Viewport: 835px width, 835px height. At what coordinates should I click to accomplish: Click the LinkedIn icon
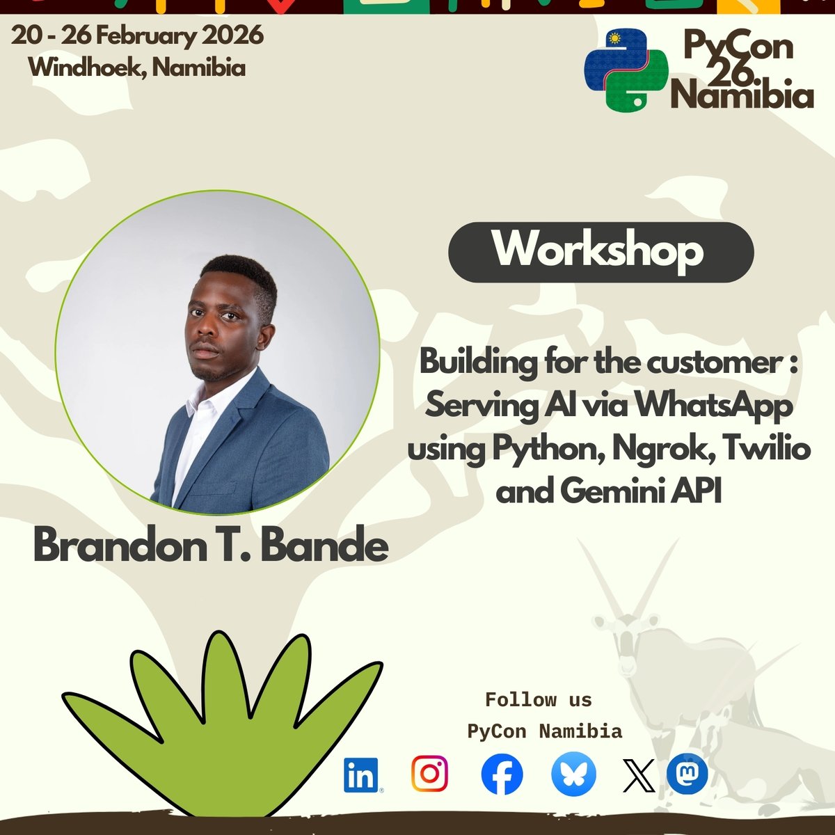coord(360,775)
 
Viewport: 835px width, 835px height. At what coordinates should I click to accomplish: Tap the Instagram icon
coord(429,774)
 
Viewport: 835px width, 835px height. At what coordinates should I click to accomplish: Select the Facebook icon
coord(502,774)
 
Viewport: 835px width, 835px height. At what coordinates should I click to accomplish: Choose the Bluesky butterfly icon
coord(573,774)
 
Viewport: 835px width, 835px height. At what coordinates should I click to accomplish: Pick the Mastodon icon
coord(687,774)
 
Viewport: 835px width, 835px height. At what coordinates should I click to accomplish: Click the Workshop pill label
coord(601,252)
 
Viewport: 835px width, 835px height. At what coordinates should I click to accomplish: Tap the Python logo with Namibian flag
coord(626,70)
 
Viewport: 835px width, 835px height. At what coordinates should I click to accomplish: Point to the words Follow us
coord(538,700)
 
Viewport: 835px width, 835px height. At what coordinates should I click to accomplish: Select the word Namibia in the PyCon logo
coord(742,95)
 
